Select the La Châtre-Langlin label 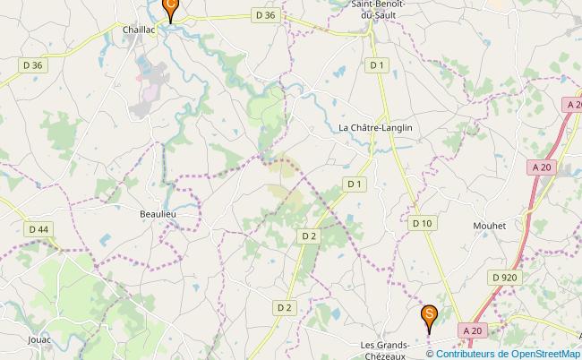click(x=375, y=128)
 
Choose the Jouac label click(x=39, y=340)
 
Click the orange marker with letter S click(x=430, y=315)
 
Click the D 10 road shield click(x=422, y=222)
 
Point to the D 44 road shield click(x=39, y=229)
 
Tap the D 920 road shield click(x=504, y=278)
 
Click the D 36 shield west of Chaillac click(x=32, y=64)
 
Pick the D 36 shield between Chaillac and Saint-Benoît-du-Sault click(x=265, y=14)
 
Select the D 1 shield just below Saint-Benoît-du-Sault click(x=377, y=64)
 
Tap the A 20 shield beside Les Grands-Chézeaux click(x=473, y=330)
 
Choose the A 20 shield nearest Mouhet click(x=541, y=167)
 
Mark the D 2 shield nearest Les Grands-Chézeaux click(x=284, y=307)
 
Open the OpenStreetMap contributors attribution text click(x=510, y=353)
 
